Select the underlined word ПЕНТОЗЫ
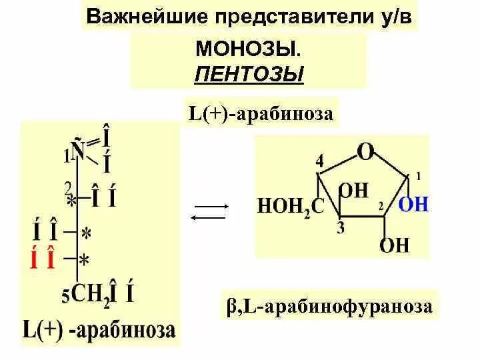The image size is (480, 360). click(249, 74)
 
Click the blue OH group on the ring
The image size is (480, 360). click(413, 204)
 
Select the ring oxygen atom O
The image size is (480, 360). click(365, 152)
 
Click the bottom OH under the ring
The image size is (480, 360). click(394, 245)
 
